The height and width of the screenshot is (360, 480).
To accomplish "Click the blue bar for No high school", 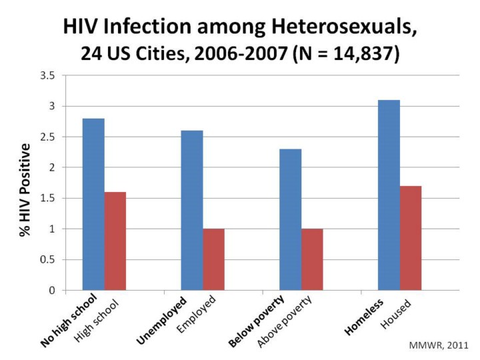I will click(x=93, y=204).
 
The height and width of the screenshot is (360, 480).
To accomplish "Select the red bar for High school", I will click(x=115, y=241).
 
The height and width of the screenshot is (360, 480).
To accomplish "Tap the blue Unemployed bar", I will click(x=192, y=210).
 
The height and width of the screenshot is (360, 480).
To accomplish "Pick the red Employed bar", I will click(x=213, y=259).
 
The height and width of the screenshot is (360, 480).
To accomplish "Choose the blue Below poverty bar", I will click(x=290, y=219).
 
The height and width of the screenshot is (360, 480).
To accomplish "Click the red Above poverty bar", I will click(x=311, y=259).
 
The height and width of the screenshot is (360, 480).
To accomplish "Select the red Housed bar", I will click(x=410, y=238).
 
